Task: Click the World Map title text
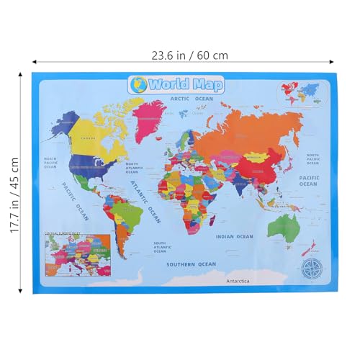point(186,84)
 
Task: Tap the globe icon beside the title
point(138,84)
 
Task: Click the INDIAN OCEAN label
point(235,235)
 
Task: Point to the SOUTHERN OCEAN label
point(192,264)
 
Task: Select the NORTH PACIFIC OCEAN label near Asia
point(312,158)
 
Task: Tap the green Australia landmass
point(283,227)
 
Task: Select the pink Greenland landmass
point(151,114)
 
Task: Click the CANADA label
point(88,138)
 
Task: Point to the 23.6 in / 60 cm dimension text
point(182,54)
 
